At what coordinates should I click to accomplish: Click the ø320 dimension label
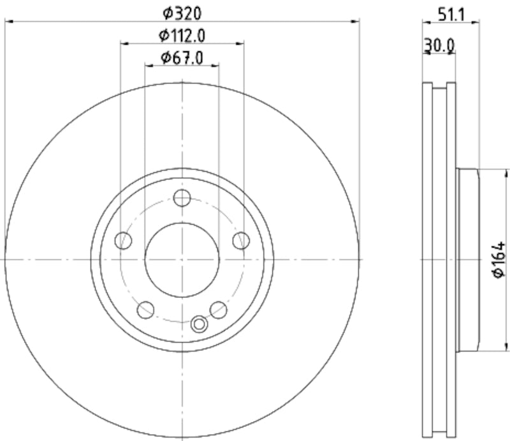182,11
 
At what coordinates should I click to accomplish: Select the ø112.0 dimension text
182,34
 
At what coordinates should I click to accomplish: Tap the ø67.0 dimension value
182,58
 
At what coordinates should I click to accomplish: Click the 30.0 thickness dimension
439,45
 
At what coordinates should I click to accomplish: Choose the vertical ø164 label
499,260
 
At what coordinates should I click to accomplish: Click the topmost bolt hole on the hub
182,198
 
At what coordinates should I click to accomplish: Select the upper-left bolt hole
124,241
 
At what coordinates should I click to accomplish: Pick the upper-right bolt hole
240,241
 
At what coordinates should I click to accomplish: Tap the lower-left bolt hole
146,310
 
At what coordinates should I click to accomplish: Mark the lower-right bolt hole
219,310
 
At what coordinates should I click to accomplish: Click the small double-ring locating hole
200,324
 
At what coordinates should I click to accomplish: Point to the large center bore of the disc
182,260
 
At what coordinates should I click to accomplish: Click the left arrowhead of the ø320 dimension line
8,22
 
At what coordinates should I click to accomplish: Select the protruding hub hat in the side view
467,260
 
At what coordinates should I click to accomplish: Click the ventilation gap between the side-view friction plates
439,260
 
